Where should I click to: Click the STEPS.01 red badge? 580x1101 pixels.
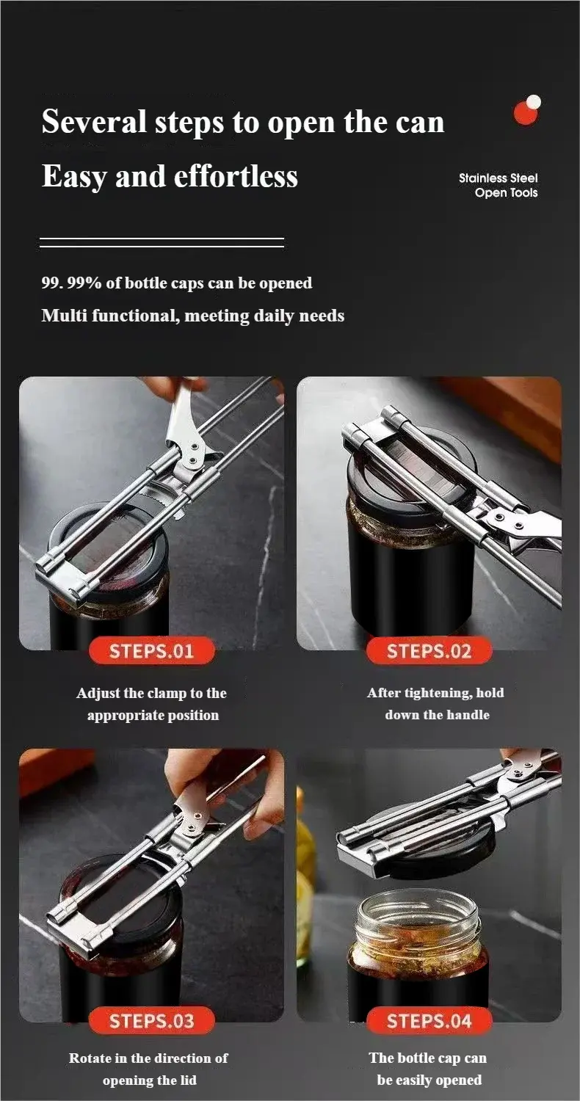coord(152,651)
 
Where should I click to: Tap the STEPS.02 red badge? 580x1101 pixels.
coord(429,651)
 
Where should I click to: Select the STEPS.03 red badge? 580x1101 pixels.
coord(152,1021)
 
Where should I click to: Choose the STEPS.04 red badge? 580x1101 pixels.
coord(429,1021)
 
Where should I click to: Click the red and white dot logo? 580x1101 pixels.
coord(526,110)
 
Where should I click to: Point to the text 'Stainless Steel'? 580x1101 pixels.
coord(498,178)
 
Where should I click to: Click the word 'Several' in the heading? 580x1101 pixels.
coord(94,121)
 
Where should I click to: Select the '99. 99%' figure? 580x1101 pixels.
coord(70,283)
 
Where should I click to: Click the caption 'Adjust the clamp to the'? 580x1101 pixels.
coord(152,693)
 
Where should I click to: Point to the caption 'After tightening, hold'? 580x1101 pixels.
coord(435,693)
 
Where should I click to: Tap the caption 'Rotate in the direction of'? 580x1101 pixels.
coord(148,1058)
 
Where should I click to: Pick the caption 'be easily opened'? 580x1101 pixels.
coord(429,1080)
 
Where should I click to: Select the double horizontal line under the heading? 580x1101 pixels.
coord(162,242)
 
